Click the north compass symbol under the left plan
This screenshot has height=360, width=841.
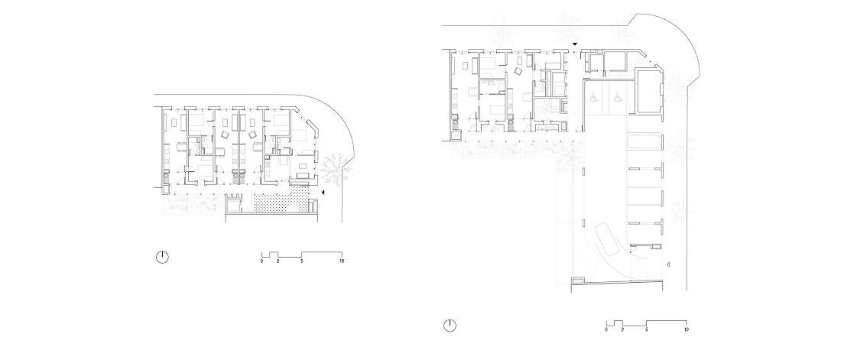pos(162,257)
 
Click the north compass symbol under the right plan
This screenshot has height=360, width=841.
pos(450,325)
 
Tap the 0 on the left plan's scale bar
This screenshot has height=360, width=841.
pos(261,261)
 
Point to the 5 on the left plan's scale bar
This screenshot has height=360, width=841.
pos(302,261)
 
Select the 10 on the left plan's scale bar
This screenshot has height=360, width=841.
pos(342,261)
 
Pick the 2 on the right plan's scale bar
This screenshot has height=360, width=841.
pos(622,329)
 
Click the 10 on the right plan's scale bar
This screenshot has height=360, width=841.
pos(687,329)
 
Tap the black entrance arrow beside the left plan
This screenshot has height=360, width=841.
pos(323,192)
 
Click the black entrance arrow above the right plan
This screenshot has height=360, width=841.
pos(574,44)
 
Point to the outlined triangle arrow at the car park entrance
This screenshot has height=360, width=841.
pos(667,264)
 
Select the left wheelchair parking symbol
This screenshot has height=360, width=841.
pos(594,98)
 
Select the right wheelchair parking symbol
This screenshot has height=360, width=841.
pos(617,98)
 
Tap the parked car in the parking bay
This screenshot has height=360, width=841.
pos(645,142)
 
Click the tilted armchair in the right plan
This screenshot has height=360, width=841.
pos(518,72)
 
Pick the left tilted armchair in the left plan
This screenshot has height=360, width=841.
pos(226,135)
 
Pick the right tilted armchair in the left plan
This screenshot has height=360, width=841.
pos(252,135)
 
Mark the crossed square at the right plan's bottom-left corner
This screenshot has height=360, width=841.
pos(457,136)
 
